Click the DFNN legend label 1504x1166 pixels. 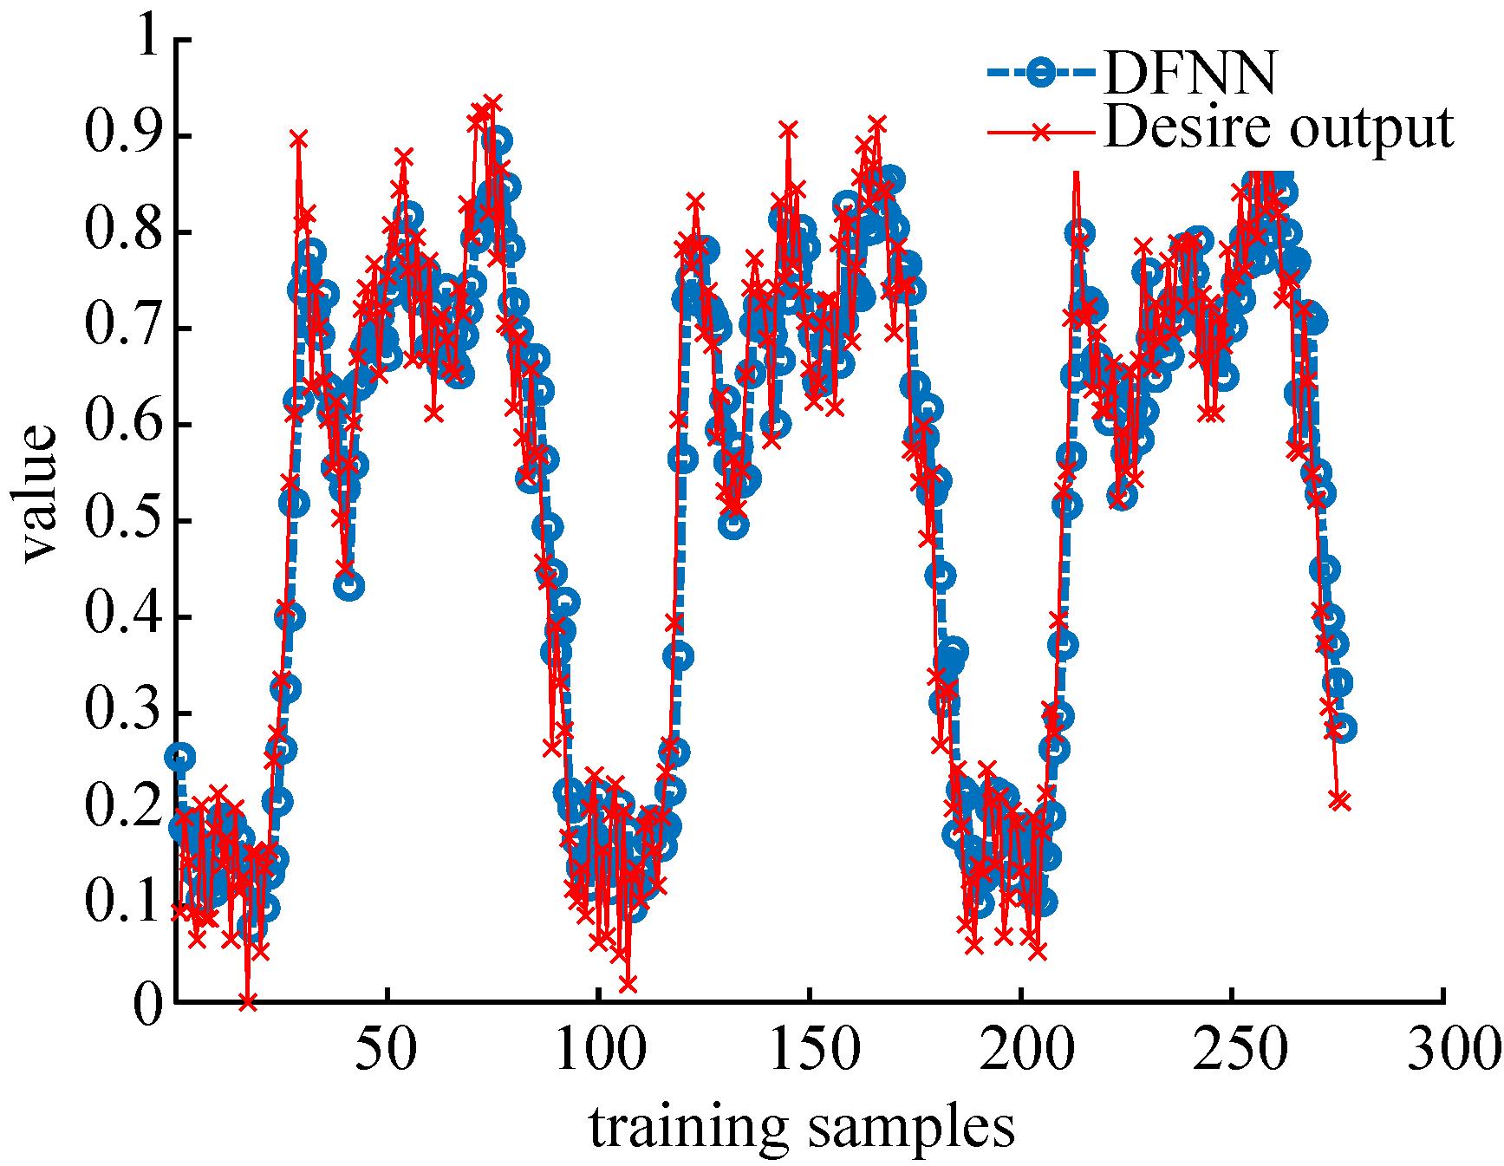(x=1190, y=75)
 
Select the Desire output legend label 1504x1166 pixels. (x=1278, y=129)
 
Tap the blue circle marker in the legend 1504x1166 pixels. (x=1038, y=74)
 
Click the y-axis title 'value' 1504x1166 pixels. (x=38, y=492)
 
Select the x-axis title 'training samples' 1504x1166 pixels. (x=802, y=1126)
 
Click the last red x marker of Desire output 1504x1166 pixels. (x=1340, y=801)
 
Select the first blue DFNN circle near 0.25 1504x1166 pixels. (x=180, y=757)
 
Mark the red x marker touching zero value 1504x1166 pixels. (x=248, y=1001)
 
